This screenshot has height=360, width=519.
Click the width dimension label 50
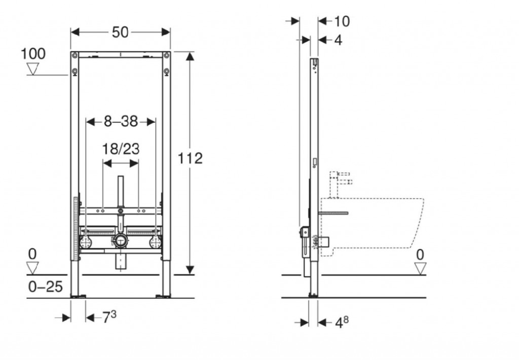click(x=120, y=32)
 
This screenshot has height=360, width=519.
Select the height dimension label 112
click(x=191, y=158)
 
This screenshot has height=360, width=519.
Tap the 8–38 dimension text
click(x=120, y=121)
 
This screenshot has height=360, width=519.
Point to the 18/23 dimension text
click(x=121, y=149)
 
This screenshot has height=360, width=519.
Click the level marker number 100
click(x=33, y=54)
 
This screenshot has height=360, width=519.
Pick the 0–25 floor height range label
click(x=45, y=287)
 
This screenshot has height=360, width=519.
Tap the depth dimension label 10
click(x=342, y=21)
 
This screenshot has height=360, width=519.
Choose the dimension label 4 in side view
click(x=338, y=40)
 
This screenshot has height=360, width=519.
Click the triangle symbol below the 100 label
click(x=33, y=68)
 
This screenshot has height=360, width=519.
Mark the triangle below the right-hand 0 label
click(x=420, y=268)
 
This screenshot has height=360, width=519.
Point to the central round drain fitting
click(x=121, y=240)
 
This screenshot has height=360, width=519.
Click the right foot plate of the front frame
click(x=165, y=294)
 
